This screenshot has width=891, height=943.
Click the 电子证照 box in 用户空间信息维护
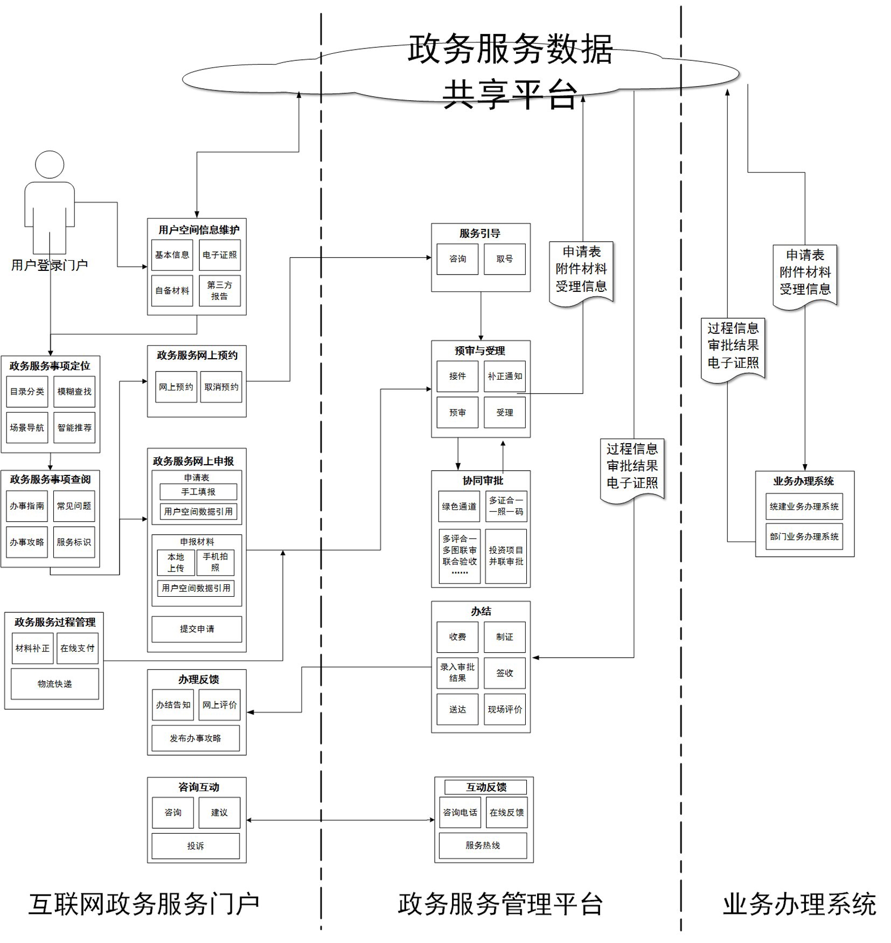point(219,255)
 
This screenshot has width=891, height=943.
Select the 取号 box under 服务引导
point(504,259)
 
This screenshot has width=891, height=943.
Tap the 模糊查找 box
point(74,392)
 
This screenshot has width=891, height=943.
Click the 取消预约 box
point(221,387)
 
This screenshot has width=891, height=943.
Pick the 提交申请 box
point(197,628)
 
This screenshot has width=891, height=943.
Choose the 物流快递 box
point(54,684)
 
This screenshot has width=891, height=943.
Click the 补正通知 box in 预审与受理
point(504,376)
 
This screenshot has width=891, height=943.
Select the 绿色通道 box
point(459,506)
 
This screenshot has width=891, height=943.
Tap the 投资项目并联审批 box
point(505,556)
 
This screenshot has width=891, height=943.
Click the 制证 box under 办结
point(504,637)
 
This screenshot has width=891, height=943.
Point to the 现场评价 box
point(504,709)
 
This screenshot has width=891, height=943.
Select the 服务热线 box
point(483,846)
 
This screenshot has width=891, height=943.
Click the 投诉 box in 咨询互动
point(196,846)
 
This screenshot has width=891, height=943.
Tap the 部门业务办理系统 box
point(804,536)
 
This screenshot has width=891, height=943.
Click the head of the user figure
point(50,165)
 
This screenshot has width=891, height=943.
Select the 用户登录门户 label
point(50,265)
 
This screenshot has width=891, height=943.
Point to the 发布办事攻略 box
point(196,738)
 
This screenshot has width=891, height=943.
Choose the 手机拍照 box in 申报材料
point(215,562)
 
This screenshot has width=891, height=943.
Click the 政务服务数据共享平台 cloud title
point(510,71)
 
